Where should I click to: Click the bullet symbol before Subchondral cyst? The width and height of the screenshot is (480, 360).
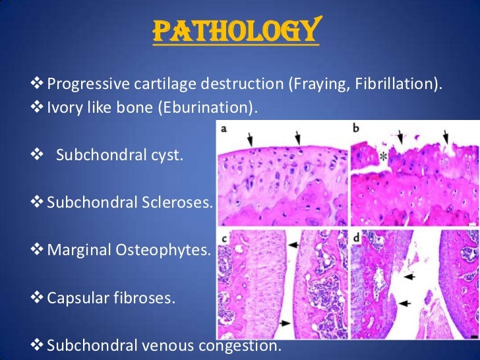click(36, 156)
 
